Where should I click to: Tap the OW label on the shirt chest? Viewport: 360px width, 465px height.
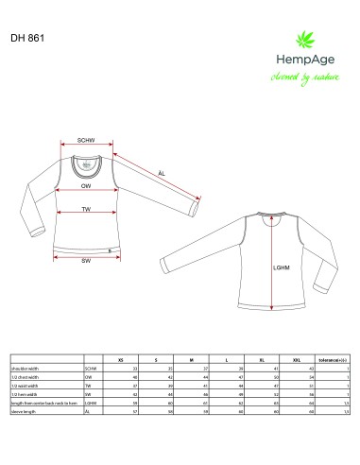(85, 187)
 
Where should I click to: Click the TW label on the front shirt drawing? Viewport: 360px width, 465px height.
(85, 209)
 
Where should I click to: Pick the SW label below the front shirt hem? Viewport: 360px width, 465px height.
(85, 259)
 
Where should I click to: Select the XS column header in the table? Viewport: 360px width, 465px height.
(119, 360)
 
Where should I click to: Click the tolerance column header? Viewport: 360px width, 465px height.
(335, 360)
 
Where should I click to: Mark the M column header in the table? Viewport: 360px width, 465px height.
(191, 360)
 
